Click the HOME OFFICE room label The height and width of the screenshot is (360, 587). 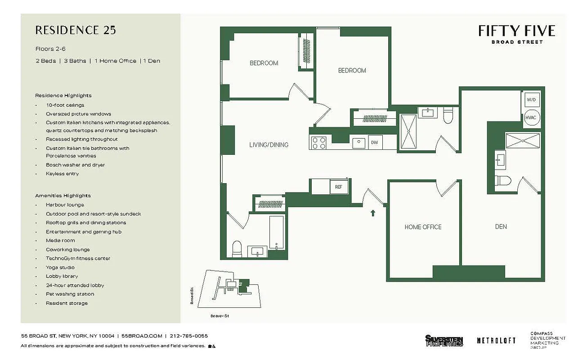(423, 227)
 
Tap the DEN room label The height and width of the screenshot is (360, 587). (501, 227)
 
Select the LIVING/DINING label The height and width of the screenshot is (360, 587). (269, 145)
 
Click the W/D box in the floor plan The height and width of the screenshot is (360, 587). (531, 99)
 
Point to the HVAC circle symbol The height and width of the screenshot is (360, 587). (531, 117)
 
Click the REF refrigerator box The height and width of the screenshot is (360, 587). (339, 187)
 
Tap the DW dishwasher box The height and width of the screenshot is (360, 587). (374, 143)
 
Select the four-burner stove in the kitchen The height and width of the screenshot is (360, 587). (319, 143)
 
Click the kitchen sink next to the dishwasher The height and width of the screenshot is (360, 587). (358, 143)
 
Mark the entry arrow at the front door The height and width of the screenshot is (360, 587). (373, 212)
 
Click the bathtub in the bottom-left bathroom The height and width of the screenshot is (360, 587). (276, 233)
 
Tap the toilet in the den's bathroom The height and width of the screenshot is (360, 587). (502, 181)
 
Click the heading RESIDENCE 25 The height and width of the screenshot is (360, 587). (76, 30)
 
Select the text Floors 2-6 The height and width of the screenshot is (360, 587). (50, 49)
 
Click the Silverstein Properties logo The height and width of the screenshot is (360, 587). (444, 341)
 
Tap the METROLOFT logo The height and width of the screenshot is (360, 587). (496, 341)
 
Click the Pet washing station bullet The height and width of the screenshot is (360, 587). (70, 294)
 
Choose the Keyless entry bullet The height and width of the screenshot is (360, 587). (62, 174)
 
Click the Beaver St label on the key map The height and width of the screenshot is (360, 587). (220, 316)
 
